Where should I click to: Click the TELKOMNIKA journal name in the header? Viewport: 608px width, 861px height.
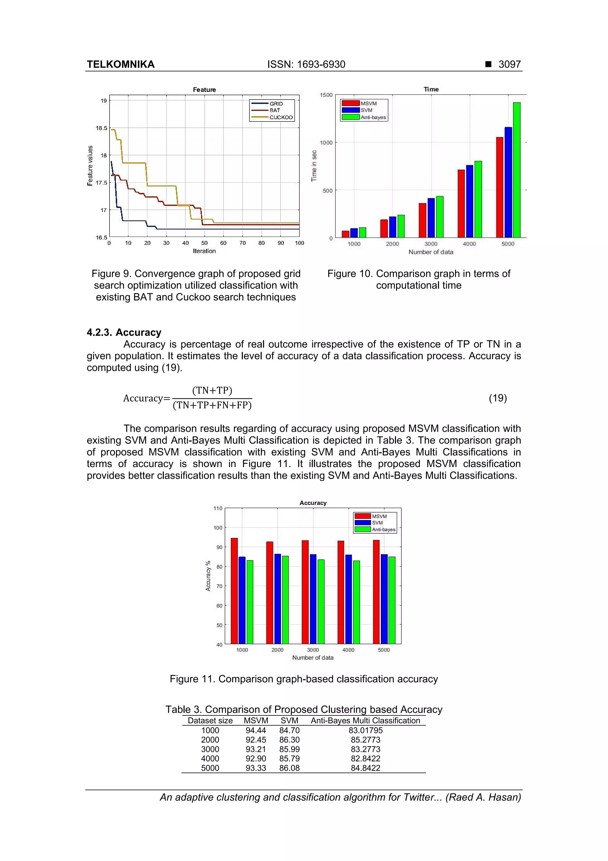pos(120,64)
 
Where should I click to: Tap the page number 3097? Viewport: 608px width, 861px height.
pos(509,64)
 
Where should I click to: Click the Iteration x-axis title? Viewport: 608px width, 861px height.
pos(204,251)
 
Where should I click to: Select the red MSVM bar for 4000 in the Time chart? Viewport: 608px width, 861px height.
pos(461,203)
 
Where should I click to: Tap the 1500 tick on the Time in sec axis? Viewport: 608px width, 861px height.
pos(326,95)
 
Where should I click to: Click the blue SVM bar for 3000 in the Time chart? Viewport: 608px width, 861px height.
pos(431,218)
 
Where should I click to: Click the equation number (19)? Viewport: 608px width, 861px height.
pos(498,398)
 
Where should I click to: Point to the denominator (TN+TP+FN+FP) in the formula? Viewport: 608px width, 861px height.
pos(212,405)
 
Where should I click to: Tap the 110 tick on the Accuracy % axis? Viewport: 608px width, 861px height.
pos(218,508)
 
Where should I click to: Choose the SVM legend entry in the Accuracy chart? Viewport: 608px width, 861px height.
pos(377,523)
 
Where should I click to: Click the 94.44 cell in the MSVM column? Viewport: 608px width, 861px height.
pos(256,730)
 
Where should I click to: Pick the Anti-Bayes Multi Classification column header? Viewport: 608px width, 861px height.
pos(365,720)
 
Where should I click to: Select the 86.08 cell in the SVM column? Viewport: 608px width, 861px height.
pos(289,768)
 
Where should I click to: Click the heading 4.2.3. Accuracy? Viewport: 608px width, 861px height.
pos(124,332)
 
